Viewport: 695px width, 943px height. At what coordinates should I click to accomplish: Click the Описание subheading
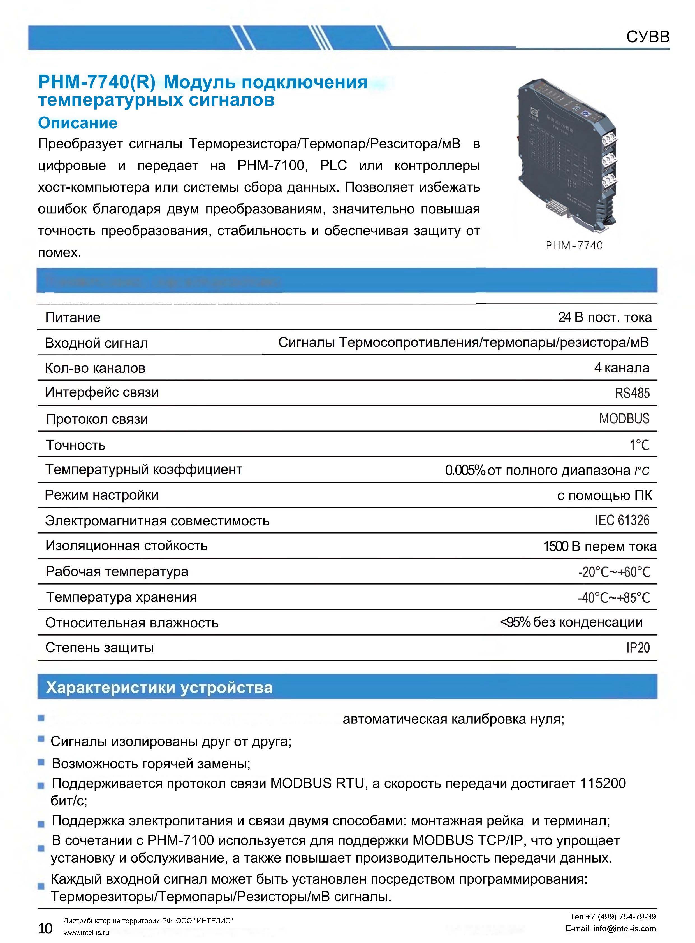tap(78, 123)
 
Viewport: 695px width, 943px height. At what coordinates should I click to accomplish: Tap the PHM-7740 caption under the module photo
tap(574, 246)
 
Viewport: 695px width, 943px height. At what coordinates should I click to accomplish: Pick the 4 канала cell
tap(621, 368)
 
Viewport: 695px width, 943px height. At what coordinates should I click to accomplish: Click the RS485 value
tap(632, 393)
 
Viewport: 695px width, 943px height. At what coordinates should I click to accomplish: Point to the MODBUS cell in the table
tap(624, 419)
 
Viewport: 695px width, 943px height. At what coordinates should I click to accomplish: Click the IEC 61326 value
tap(622, 520)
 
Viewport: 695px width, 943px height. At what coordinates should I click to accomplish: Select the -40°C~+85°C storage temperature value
tap(614, 597)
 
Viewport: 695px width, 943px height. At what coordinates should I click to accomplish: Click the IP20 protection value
tap(638, 648)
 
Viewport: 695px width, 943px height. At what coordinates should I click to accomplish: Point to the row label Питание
tap(73, 317)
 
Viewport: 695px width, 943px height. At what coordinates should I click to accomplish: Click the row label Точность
tap(76, 445)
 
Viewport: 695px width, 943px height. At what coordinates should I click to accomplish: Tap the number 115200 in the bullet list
tap(603, 783)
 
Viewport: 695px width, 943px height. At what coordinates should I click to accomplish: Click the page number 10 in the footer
tap(45, 928)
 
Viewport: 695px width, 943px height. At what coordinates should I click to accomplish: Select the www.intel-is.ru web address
tap(86, 932)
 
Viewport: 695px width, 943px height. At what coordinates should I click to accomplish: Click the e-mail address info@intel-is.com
tap(624, 928)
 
